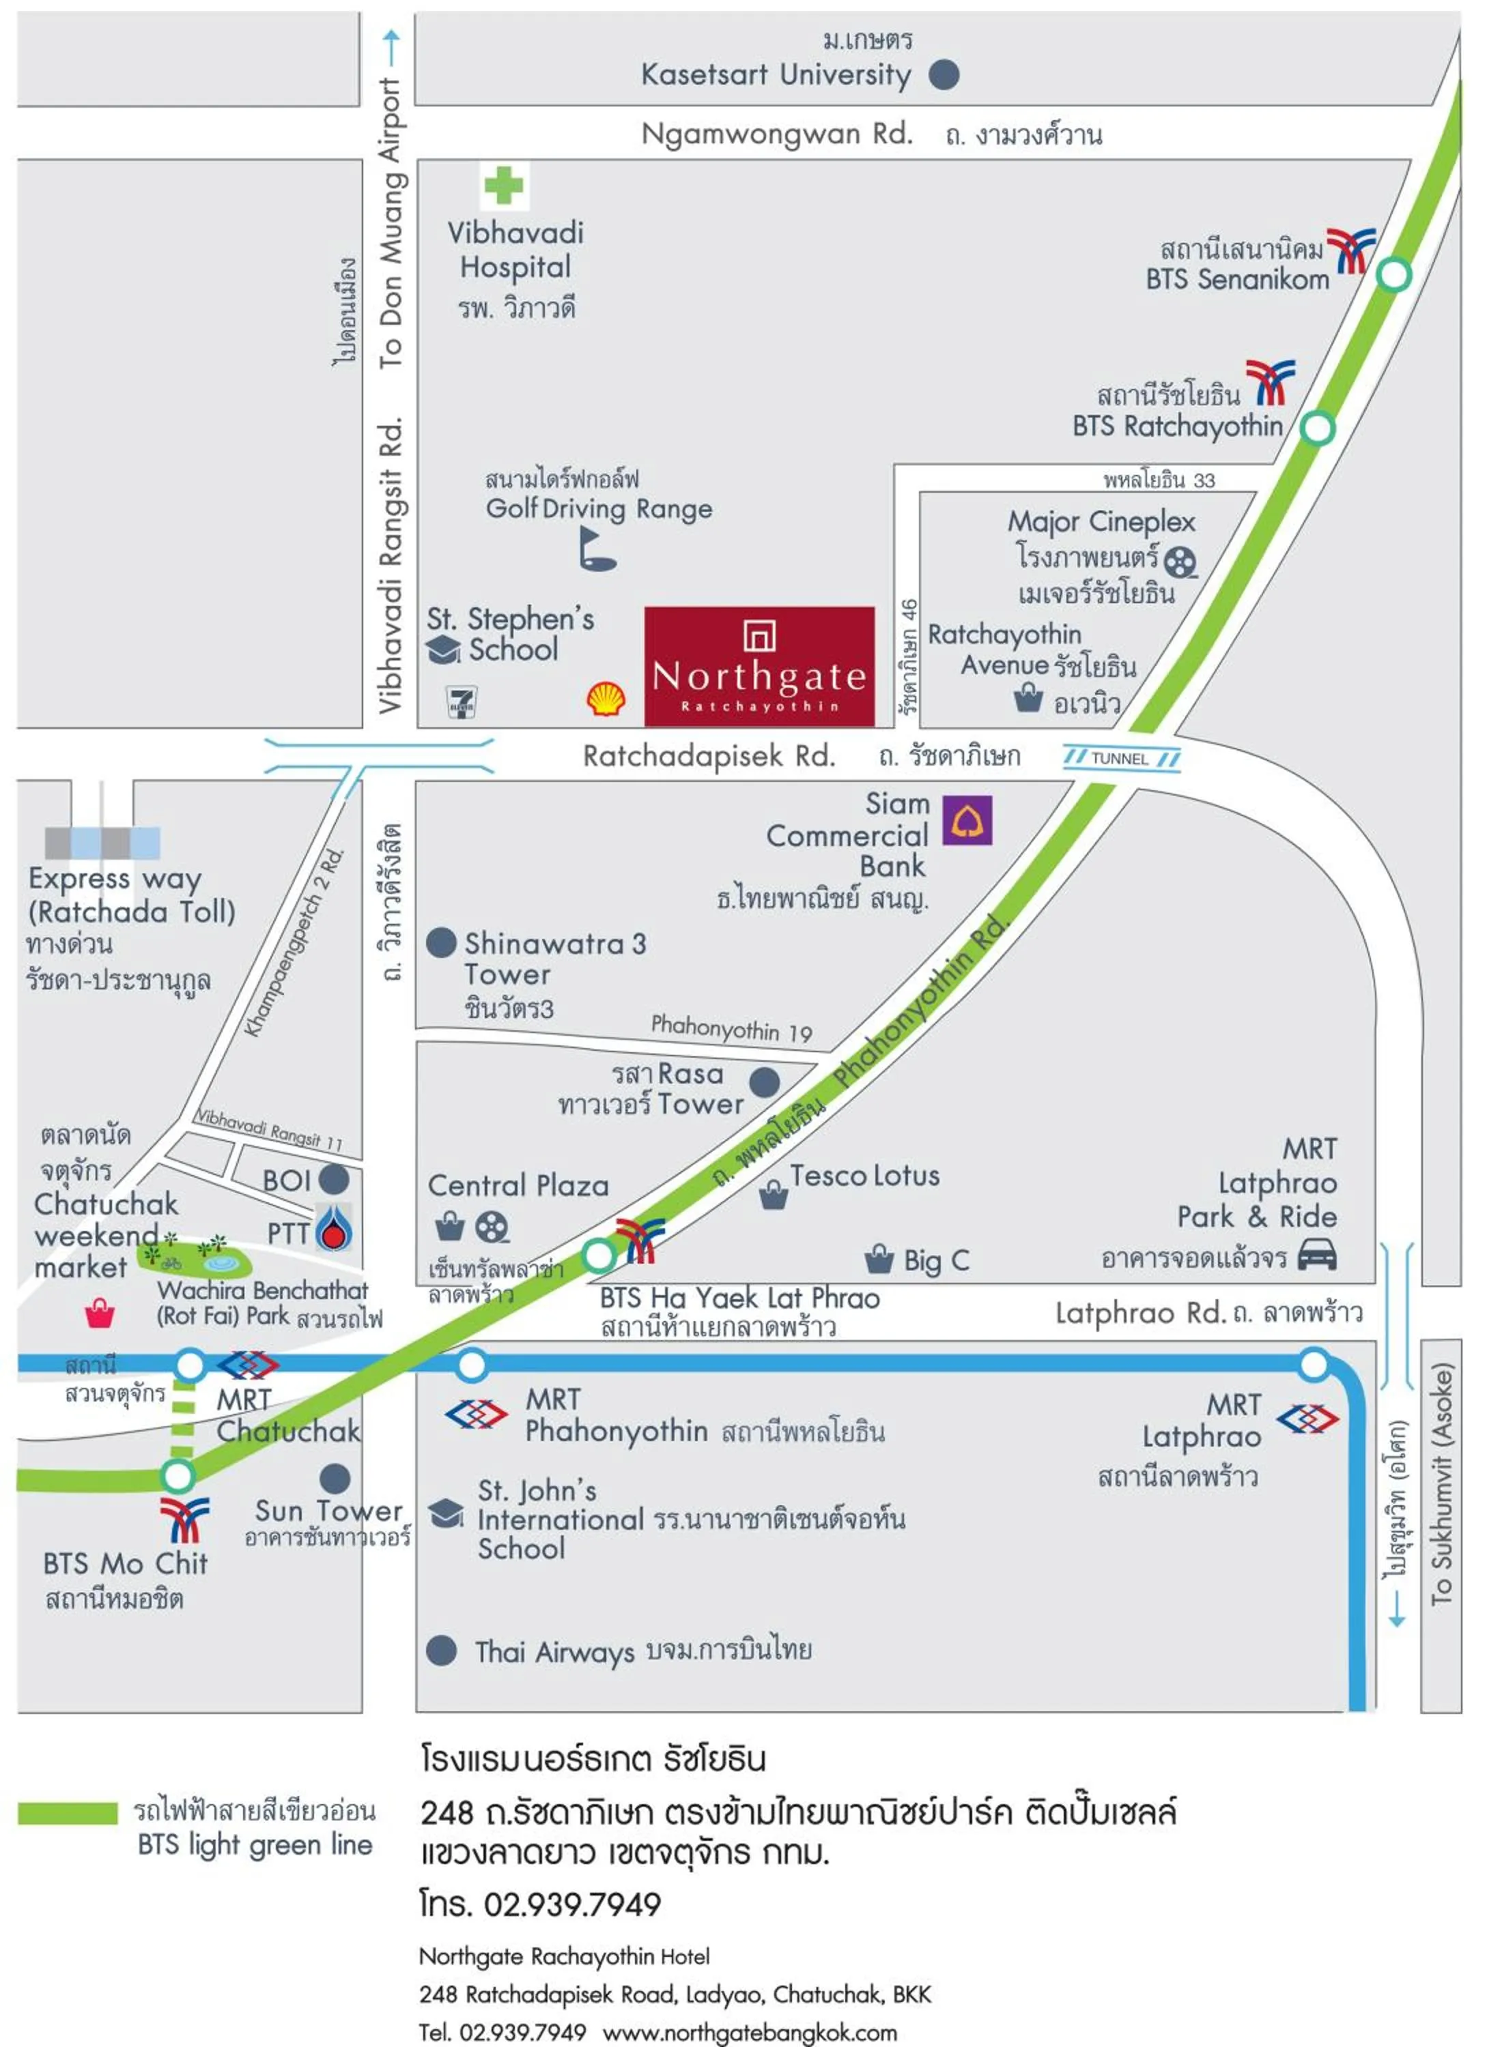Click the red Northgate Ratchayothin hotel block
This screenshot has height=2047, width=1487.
pyautogui.click(x=759, y=666)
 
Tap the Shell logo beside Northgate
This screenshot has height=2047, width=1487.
pyautogui.click(x=606, y=699)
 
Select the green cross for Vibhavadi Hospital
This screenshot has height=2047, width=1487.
pyautogui.click(x=503, y=186)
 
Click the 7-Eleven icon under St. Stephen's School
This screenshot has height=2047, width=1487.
pyautogui.click(x=462, y=701)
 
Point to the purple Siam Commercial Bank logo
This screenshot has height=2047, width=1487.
pyautogui.click(x=967, y=819)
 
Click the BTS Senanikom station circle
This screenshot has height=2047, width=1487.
pyautogui.click(x=1394, y=274)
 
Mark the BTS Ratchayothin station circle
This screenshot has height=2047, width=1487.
pyautogui.click(x=1317, y=427)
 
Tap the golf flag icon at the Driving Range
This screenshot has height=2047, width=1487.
pyautogui.click(x=596, y=548)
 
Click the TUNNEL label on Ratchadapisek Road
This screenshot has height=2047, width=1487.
pyautogui.click(x=1120, y=758)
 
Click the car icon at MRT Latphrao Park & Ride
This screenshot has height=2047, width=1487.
pyautogui.click(x=1316, y=1255)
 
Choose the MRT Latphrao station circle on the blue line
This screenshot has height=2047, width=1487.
pyautogui.click(x=1314, y=1364)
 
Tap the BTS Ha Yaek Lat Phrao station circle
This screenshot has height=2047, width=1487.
pyautogui.click(x=599, y=1255)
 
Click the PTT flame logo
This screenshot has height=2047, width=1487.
pyautogui.click(x=334, y=1228)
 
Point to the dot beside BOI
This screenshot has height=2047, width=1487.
pyautogui.click(x=334, y=1179)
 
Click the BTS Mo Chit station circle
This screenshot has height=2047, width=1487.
pyautogui.click(x=178, y=1476)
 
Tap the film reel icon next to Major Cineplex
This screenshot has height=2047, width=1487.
pyautogui.click(x=1180, y=562)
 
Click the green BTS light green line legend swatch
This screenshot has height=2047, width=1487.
pyautogui.click(x=68, y=1813)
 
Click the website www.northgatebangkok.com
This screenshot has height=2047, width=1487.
pyautogui.click(x=750, y=2033)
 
